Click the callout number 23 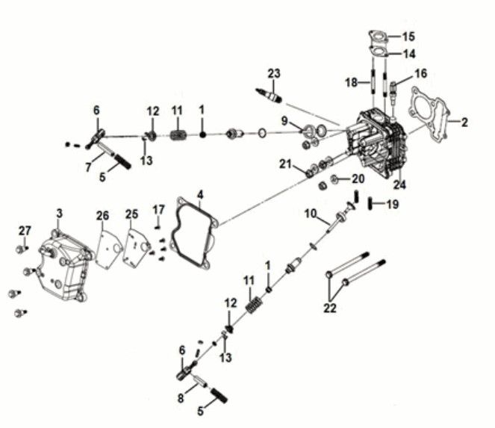click(274, 73)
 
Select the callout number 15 click(408, 37)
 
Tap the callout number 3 click(59, 214)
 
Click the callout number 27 click(25, 229)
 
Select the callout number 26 click(102, 216)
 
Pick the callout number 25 click(132, 215)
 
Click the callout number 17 click(158, 208)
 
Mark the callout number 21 click(284, 164)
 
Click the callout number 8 click(180, 399)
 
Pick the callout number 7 click(88, 167)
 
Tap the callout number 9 click(284, 121)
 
